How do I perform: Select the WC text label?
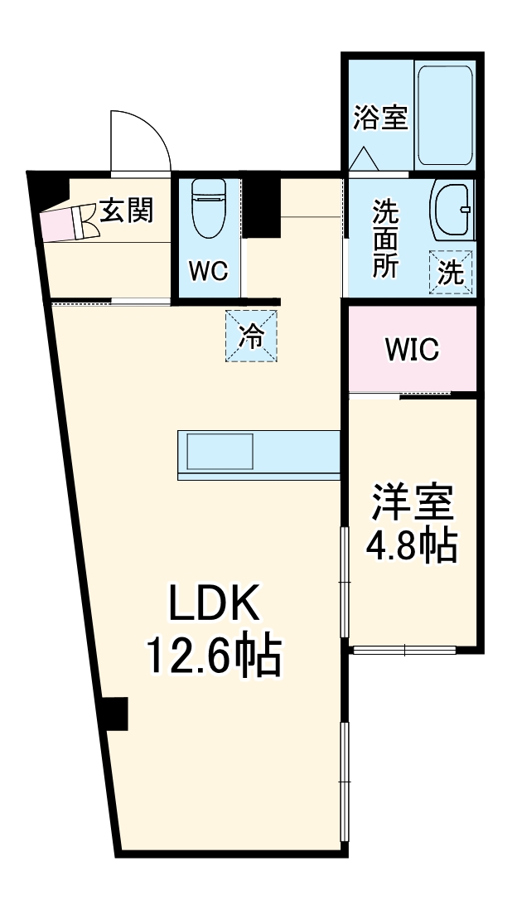(x=207, y=272)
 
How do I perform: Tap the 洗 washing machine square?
(x=451, y=272)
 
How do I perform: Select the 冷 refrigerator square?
(x=252, y=336)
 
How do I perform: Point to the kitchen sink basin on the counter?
(x=220, y=453)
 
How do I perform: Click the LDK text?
(x=215, y=603)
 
